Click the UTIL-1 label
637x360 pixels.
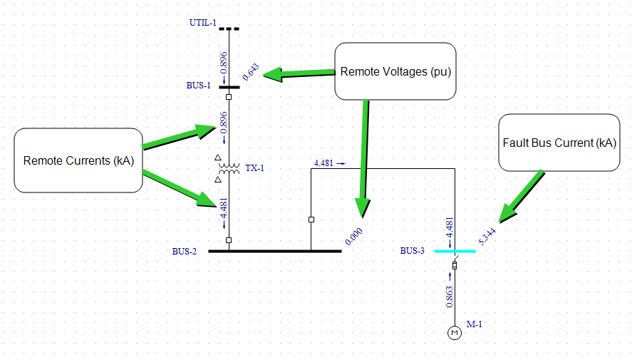point(202,23)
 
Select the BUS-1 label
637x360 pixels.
point(199,86)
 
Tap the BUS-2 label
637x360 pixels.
point(184,251)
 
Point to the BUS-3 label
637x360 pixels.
point(412,251)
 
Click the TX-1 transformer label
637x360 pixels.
point(254,168)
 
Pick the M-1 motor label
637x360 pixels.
point(475,324)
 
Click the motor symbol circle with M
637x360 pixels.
point(454,333)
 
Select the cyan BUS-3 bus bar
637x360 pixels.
point(455,251)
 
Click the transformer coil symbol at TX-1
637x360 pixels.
point(229,169)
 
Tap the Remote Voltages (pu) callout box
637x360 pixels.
point(395,71)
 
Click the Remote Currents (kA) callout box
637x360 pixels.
point(78,160)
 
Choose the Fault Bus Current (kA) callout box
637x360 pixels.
point(559,143)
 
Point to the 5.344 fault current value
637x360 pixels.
point(488,235)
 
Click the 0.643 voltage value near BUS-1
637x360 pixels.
point(251,72)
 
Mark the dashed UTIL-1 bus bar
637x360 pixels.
point(229,29)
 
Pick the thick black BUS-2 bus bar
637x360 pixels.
point(274,251)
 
